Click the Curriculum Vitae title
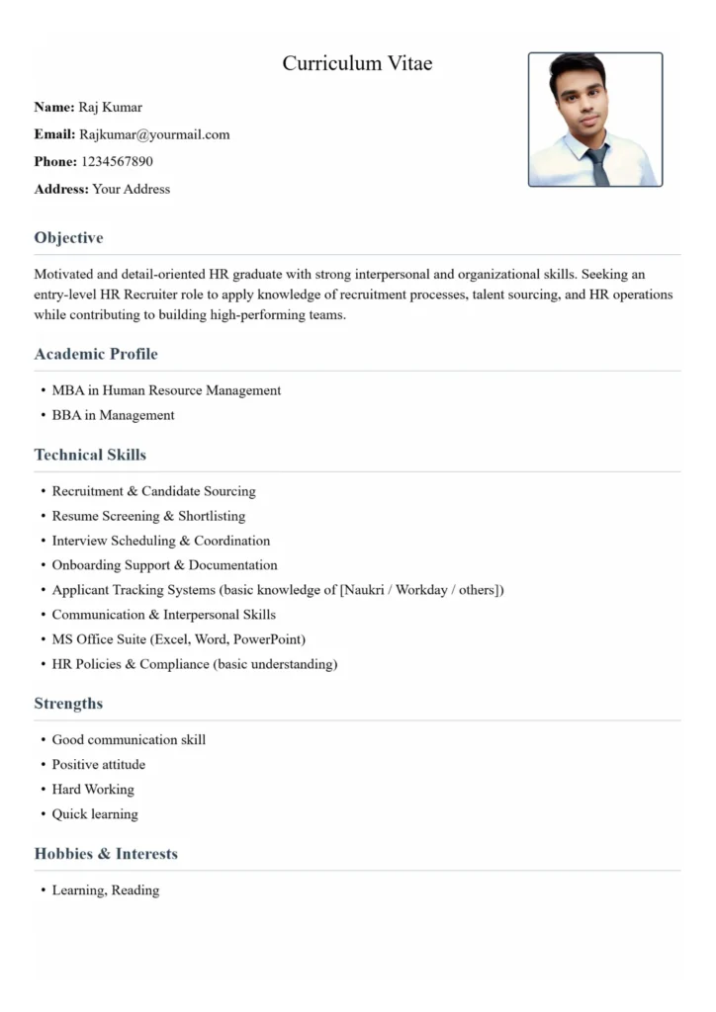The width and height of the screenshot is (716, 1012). tap(357, 64)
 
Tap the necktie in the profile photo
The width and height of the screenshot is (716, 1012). tap(597, 165)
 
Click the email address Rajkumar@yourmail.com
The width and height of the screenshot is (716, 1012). tap(154, 134)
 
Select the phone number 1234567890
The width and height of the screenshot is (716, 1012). tap(117, 161)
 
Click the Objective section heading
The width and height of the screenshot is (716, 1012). tap(68, 237)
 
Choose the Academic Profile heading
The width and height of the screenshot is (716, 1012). tap(96, 354)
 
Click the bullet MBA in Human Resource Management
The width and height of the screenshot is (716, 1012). tap(166, 390)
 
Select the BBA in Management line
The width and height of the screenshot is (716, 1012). tap(113, 415)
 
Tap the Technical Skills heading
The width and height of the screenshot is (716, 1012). tap(90, 455)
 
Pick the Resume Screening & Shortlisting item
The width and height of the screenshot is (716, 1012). tap(148, 516)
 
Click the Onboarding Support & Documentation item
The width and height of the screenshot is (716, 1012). tap(164, 565)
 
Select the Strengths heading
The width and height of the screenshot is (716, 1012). tap(68, 704)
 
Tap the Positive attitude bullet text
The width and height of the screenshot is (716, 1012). tap(98, 764)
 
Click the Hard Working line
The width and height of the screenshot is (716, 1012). tap(93, 789)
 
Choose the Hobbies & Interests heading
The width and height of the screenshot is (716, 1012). tap(106, 854)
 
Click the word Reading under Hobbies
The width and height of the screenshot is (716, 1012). tap(135, 890)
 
